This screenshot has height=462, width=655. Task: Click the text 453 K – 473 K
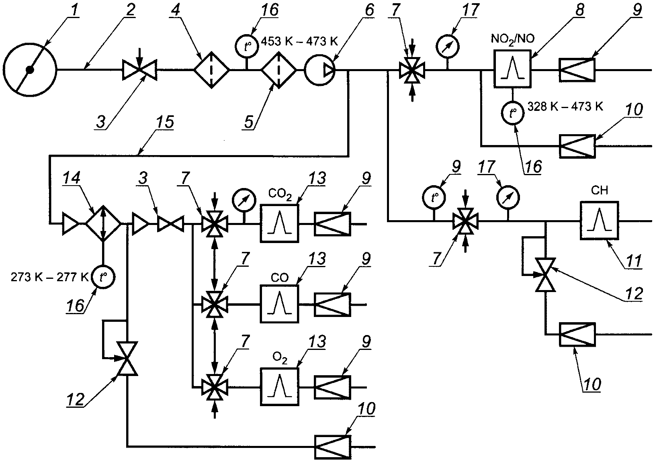click(299, 42)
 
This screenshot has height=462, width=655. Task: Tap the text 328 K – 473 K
click(565, 106)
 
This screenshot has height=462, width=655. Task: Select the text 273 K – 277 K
click(49, 277)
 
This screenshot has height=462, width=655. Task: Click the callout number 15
click(165, 122)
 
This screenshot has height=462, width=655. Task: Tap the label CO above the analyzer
click(280, 278)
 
